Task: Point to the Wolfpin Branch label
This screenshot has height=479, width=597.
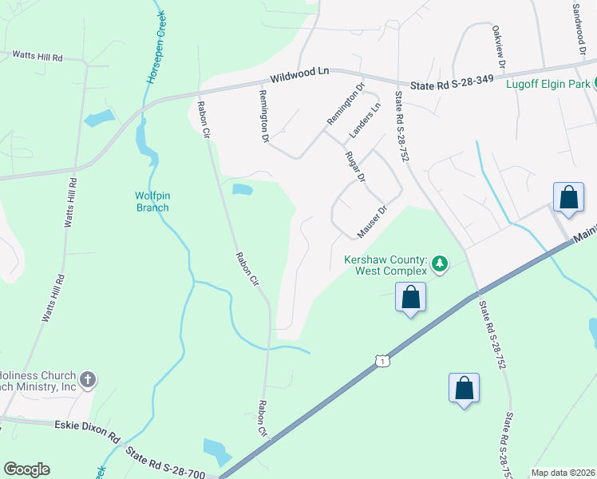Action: point(152,200)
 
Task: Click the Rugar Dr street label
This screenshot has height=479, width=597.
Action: point(355,166)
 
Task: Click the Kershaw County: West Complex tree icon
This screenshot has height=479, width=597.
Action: point(439,264)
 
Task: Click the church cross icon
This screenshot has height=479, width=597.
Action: point(88,378)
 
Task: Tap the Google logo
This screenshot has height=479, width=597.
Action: point(26,469)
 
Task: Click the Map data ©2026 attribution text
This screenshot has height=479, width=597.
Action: point(562,473)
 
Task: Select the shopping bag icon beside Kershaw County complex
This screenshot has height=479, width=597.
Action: point(411,298)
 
